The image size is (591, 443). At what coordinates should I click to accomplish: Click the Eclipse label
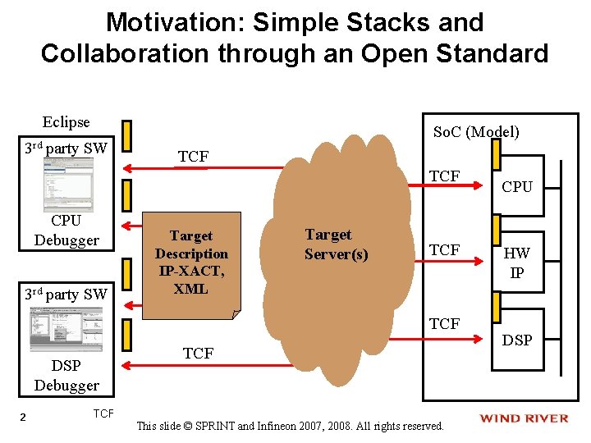coord(66,122)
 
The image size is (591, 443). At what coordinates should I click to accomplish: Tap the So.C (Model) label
coord(476,131)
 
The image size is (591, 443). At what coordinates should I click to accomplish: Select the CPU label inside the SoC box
coord(517,186)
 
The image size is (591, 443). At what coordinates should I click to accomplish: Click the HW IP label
coord(517,263)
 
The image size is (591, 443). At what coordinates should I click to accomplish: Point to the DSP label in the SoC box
coord(517,340)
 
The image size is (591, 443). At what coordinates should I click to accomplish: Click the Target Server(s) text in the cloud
coord(336,244)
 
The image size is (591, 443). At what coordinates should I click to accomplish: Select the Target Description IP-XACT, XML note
coord(191,263)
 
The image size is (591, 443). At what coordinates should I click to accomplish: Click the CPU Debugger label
coord(66,231)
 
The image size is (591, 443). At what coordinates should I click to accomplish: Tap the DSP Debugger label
coord(66,375)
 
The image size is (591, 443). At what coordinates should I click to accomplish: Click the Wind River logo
coord(524,418)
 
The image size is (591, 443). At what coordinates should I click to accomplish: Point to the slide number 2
coord(23,418)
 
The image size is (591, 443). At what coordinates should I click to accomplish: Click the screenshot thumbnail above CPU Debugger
coord(69,185)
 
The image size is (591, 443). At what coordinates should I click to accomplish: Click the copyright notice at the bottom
coord(290,426)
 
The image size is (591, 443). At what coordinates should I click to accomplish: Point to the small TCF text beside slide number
coord(103,413)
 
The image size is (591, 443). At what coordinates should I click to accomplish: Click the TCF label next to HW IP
coord(445,249)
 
